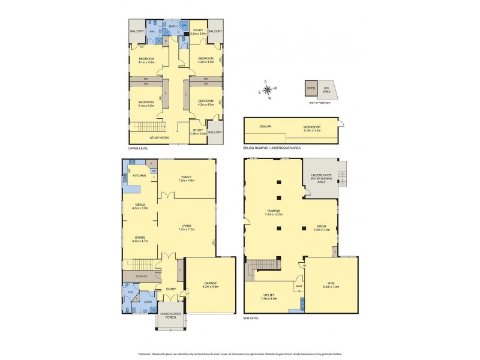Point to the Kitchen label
pos(139,175)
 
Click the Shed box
pos(311,87)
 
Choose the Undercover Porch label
pos(170,317)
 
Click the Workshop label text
pos(312,127)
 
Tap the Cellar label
pos(265,127)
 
